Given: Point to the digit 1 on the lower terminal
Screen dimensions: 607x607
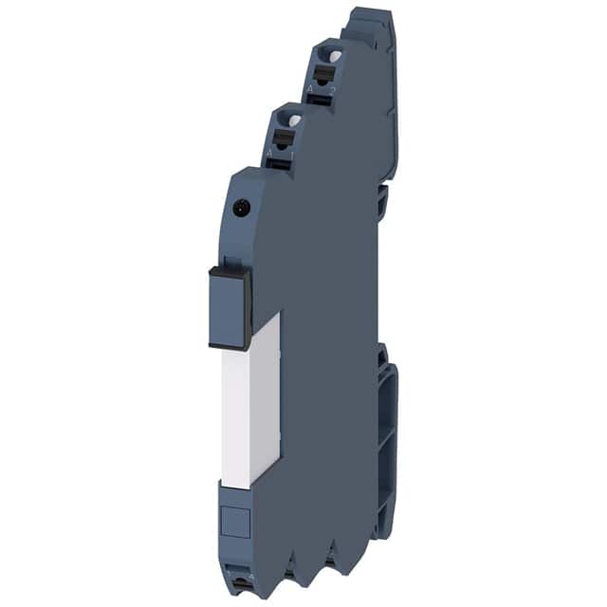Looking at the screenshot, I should coord(283,151).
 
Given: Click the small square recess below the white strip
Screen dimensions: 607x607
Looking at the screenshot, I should coord(233,519).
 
